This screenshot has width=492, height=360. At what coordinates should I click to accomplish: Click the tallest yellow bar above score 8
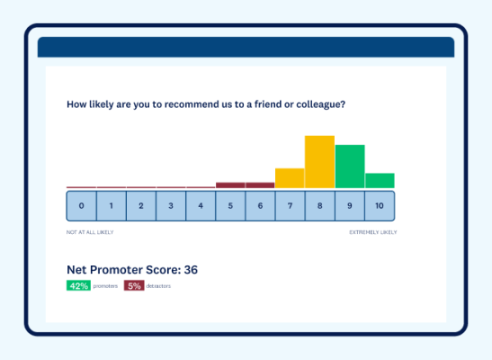pyautogui.click(x=319, y=162)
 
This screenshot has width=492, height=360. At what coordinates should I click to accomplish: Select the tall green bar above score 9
pyautogui.click(x=350, y=166)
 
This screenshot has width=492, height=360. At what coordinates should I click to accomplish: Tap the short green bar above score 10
pyautogui.click(x=380, y=180)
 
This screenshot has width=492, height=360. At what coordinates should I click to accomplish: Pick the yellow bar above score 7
pyautogui.click(x=290, y=178)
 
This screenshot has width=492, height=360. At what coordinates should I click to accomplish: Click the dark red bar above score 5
pyautogui.click(x=230, y=185)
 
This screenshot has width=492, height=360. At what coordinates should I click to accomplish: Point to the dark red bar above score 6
pyautogui.click(x=260, y=185)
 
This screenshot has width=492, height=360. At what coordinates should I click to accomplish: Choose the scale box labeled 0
pyautogui.click(x=81, y=206)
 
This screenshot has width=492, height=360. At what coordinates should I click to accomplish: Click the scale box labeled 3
pyautogui.click(x=171, y=206)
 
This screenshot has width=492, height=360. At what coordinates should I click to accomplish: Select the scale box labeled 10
pyautogui.click(x=380, y=206)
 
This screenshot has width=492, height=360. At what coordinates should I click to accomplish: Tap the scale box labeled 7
pyautogui.click(x=290, y=206)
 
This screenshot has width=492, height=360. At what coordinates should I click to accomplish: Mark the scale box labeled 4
pyautogui.click(x=201, y=206)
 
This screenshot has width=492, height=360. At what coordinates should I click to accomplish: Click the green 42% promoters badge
pyautogui.click(x=78, y=285)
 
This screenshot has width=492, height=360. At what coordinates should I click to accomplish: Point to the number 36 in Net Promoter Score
pyautogui.click(x=191, y=269)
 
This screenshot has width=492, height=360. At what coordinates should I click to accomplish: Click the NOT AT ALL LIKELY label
pyautogui.click(x=90, y=232)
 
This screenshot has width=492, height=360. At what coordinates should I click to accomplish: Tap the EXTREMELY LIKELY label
pyautogui.click(x=372, y=232)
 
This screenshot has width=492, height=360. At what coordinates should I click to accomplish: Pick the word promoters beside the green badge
pyautogui.click(x=105, y=286)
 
